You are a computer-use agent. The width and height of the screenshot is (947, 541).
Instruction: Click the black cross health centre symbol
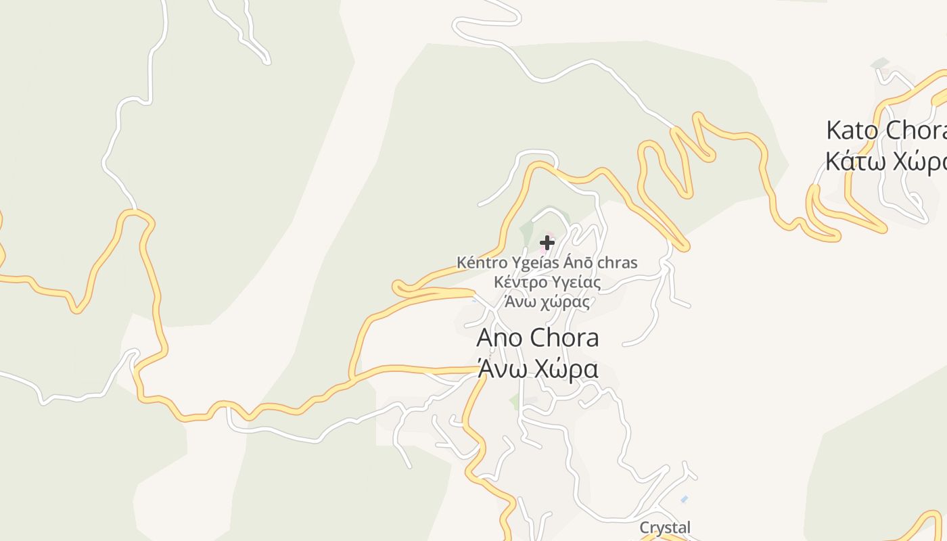pos(547,242)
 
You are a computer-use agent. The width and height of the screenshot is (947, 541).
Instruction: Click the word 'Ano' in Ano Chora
pos(500,337)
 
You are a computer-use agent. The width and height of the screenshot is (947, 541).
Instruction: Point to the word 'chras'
pos(616,262)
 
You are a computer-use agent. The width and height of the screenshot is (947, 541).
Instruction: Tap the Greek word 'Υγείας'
pos(576,283)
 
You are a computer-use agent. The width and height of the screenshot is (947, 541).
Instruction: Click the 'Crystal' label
pos(666,527)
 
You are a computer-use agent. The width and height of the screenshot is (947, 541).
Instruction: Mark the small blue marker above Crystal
pos(685,499)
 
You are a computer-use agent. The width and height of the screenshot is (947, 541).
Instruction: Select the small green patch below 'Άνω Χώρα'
pos(515,401)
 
